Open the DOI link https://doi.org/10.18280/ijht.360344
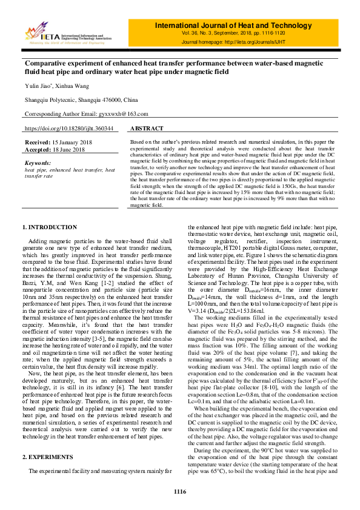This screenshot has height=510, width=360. (68, 129)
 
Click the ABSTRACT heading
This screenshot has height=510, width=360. (147, 129)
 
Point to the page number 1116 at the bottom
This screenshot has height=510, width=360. (179, 492)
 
